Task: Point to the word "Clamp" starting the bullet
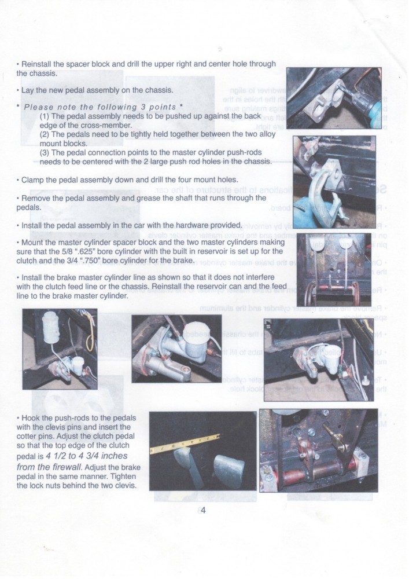pos(32,179)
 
